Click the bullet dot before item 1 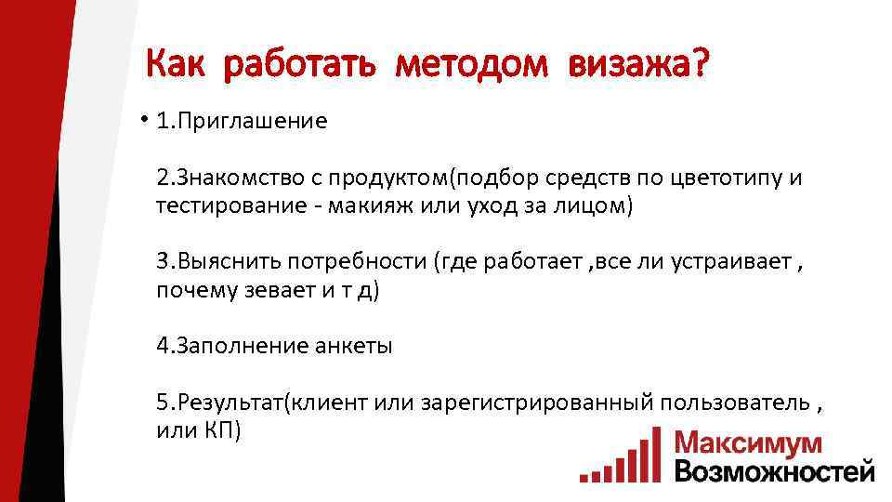145,120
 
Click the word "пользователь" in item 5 735,403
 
